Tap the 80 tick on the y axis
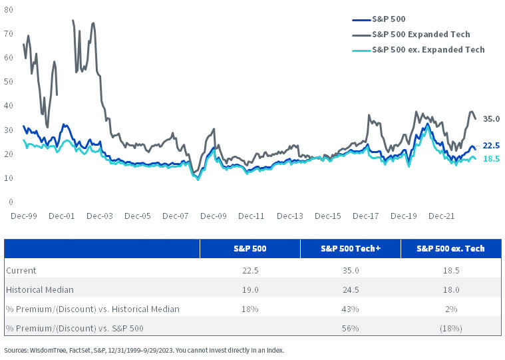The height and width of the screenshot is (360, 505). pyautogui.click(x=10, y=9)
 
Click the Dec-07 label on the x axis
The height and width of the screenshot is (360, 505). pyautogui.click(x=176, y=216)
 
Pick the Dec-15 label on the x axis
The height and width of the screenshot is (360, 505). pyautogui.click(x=328, y=216)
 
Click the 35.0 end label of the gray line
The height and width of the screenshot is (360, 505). pyautogui.click(x=491, y=118)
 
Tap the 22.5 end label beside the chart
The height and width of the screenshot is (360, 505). pyautogui.click(x=491, y=145)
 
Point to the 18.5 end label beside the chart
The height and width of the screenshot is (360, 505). pyautogui.click(x=491, y=159)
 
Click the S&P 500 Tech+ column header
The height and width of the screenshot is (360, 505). pyautogui.click(x=350, y=249)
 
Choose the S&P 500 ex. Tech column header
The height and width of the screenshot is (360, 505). pyautogui.click(x=450, y=249)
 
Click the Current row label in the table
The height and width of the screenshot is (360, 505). pyautogui.click(x=21, y=270)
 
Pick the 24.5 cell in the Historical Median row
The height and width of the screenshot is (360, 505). pyautogui.click(x=350, y=289)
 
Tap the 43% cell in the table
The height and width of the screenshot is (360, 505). pyautogui.click(x=350, y=309)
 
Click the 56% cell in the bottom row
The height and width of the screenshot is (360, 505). pyautogui.click(x=350, y=328)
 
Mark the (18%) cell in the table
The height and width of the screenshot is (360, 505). pyautogui.click(x=450, y=328)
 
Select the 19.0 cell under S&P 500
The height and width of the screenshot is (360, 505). pyautogui.click(x=250, y=289)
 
